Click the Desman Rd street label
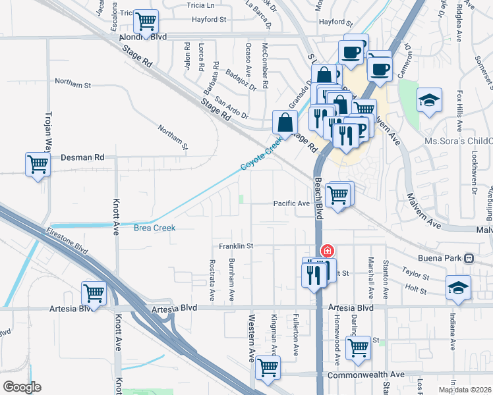82,158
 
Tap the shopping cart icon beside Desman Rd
38,165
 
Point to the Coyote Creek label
261,153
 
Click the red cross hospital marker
327,251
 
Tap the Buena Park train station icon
469,258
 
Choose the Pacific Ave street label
292,204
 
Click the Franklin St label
237,246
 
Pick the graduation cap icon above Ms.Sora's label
429,101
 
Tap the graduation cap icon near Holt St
458,287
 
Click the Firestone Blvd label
67,240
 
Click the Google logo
22,387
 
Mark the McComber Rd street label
264,66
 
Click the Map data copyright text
463,390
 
